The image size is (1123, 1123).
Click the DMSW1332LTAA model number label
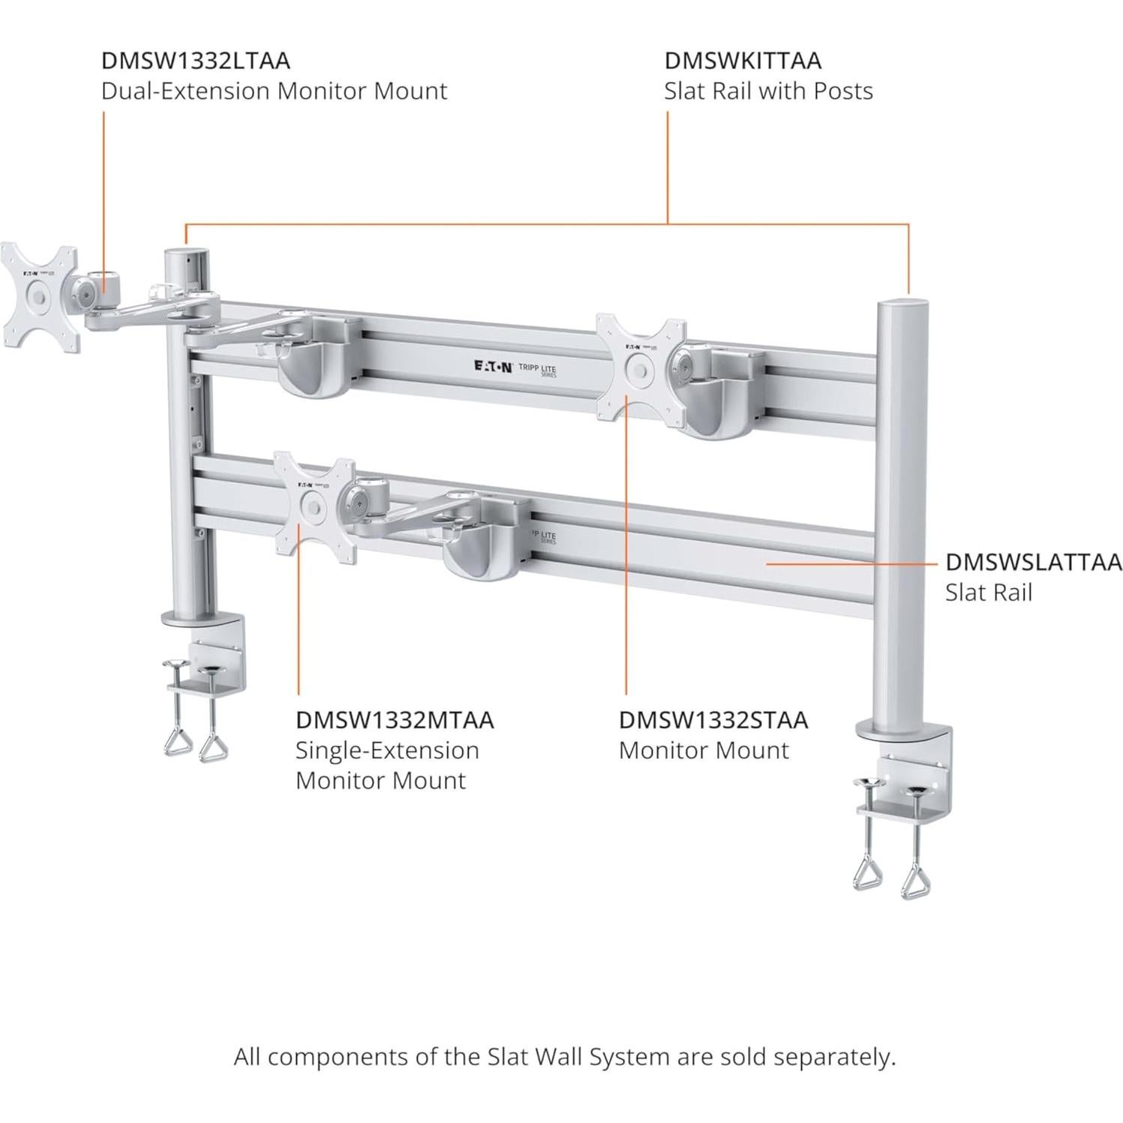point(195,60)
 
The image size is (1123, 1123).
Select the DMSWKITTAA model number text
point(742,60)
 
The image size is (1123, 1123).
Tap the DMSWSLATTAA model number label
point(1033,562)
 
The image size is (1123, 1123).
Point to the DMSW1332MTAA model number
point(395,719)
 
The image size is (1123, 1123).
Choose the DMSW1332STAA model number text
point(713,719)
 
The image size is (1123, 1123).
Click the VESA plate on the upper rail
point(641,368)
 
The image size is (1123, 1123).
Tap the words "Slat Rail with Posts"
point(768,91)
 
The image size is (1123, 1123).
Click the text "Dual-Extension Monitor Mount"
point(274,91)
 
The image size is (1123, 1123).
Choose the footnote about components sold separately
point(564,1057)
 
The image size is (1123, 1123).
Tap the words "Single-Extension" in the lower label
point(386,750)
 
